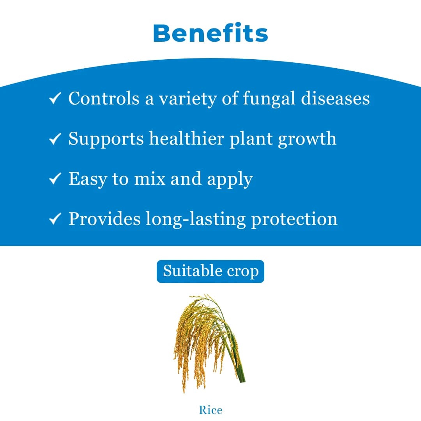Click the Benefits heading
(x=210, y=33)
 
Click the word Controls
(x=104, y=98)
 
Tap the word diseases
(x=335, y=98)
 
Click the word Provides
(x=104, y=219)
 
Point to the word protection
(x=294, y=219)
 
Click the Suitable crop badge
(x=210, y=271)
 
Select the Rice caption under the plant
(x=210, y=410)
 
